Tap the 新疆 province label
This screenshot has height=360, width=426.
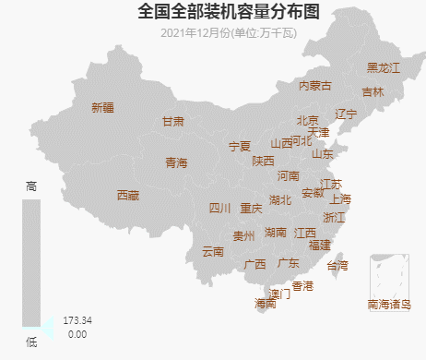coord(102,107)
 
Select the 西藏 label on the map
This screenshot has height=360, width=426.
coord(128,195)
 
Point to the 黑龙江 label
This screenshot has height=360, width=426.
coord(384,67)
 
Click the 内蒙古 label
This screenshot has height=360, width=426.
coord(314,85)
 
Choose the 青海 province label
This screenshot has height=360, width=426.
coord(176,162)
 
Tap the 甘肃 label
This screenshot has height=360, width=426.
coord(173,121)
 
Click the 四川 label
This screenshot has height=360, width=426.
coord(219,208)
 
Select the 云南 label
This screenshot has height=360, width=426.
coord(213,251)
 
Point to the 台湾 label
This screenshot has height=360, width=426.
coord(338,265)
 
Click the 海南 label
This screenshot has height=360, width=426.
coord(266,303)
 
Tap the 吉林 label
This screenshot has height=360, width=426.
coord(373,91)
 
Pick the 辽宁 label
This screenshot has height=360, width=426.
coord(346,114)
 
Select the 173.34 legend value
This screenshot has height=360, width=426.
coord(77,320)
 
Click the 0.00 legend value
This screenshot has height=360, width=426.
coord(77,333)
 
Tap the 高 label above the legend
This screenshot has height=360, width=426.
coord(31,186)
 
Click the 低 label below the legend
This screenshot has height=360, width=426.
coord(31,342)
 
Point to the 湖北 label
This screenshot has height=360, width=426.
coord(280,199)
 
